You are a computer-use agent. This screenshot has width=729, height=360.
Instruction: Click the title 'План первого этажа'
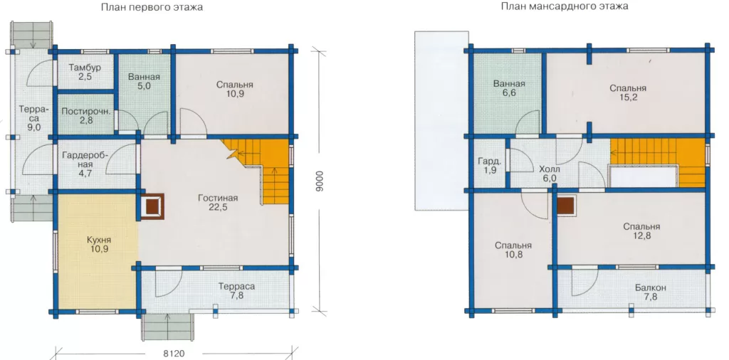pos(152,7)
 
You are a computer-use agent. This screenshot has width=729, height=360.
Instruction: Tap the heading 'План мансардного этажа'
pos(565,6)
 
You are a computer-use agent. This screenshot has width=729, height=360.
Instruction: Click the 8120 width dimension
pos(174,354)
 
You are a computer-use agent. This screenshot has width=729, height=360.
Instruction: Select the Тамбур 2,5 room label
pos(85,72)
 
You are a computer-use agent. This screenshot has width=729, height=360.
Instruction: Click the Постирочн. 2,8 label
pos(85,116)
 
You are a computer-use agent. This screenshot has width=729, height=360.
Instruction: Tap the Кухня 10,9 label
pos(98,244)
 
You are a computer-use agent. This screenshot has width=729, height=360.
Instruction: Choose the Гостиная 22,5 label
pos(218,203)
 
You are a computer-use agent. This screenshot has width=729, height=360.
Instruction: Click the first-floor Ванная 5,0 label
pos(144,81)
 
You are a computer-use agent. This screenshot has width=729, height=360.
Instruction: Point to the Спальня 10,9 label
pos(234,89)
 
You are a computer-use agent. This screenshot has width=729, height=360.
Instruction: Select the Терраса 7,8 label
pos(236,291)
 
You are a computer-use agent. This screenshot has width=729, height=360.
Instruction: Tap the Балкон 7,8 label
pos(651,292)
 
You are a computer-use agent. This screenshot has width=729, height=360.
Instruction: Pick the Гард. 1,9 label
pos(489,166)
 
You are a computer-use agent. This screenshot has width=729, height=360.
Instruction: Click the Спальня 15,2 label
pos(628,93)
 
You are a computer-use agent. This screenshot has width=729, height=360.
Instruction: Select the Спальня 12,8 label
pos(641,231)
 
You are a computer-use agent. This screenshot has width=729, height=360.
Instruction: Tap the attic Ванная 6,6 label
pos(509,88)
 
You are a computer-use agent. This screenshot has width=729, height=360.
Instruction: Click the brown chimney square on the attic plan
pos(565,204)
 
